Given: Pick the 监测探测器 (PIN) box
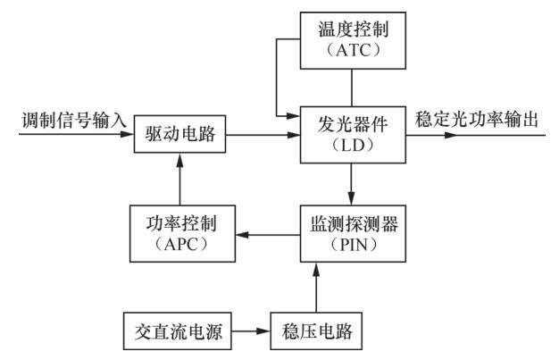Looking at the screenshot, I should [353, 235].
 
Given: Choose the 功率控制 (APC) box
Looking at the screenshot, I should [180, 235].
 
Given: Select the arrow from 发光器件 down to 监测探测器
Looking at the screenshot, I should [354, 184].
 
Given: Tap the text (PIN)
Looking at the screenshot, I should [353, 246].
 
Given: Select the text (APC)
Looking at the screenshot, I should [180, 246].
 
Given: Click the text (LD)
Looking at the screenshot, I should [354, 148].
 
